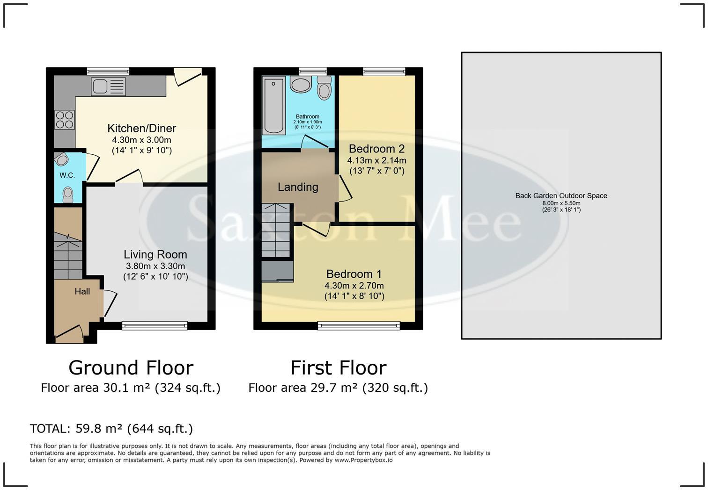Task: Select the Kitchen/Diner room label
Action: pos(141,128)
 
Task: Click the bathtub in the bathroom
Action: pos(274,106)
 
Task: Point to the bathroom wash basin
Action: pos(301,85)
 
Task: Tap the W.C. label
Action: pos(67,175)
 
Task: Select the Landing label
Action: pos(298,187)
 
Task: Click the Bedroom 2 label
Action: pos(376,149)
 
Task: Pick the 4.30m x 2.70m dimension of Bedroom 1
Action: pos(354,286)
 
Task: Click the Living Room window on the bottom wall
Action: pos(155,325)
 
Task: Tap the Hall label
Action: pos(82,291)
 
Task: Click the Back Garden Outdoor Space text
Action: pos(561,196)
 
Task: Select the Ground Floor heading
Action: pos(131,368)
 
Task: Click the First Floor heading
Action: pos(338,368)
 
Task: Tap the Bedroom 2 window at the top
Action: pos(384,72)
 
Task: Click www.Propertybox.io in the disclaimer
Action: pos(363,460)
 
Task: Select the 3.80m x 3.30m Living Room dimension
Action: pos(155,266)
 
